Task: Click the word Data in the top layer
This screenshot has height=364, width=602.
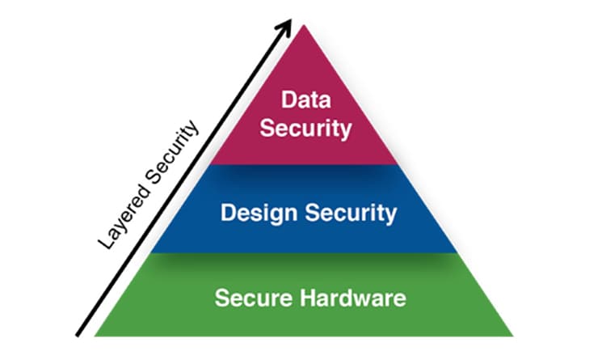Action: tap(306, 99)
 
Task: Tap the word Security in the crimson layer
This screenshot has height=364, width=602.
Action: tap(305, 129)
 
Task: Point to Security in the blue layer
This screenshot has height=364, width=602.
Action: tap(351, 214)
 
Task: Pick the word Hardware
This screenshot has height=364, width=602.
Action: tap(353, 298)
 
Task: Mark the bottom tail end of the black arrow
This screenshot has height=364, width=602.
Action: tap(78, 336)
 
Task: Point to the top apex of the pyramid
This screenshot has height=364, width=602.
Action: tap(304, 25)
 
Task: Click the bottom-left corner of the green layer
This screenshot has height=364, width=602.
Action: tap(95, 336)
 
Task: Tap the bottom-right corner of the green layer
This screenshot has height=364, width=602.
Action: tap(513, 336)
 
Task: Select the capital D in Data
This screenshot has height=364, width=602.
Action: tap(288, 99)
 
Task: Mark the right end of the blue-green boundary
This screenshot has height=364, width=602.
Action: tap(457, 252)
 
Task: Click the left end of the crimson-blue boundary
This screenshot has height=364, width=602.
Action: tap(209, 164)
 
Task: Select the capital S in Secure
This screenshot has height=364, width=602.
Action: tap(222, 298)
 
